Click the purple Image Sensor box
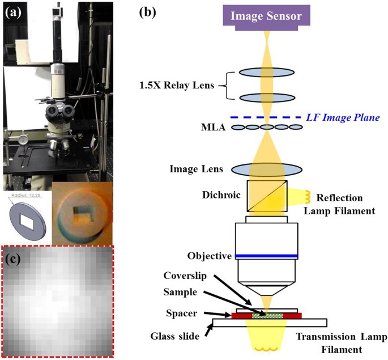click(266, 15)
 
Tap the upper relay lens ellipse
click(266, 73)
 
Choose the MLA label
click(201, 128)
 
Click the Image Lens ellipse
click(266, 168)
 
